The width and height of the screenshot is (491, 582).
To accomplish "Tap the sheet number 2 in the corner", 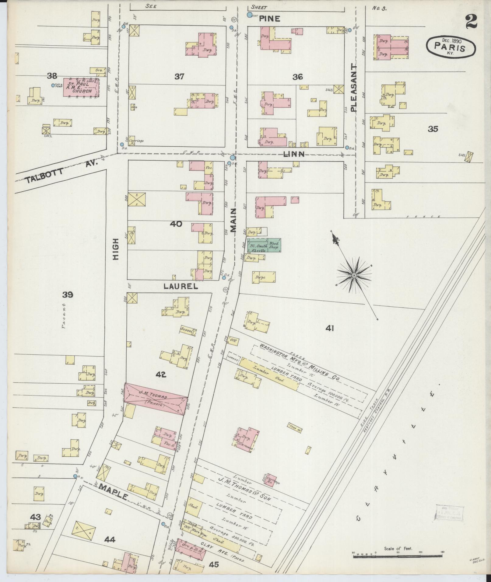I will coord(471,22).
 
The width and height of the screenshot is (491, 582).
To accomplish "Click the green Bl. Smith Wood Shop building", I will coord(264,245).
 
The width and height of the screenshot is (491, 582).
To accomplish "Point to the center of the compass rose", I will coord(354,275).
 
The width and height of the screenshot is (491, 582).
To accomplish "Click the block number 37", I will coord(179,77).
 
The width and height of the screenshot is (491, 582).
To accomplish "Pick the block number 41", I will coord(330,328).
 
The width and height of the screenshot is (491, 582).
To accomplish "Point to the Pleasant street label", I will coord(353,88).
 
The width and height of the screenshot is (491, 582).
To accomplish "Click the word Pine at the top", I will coord(269,19).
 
